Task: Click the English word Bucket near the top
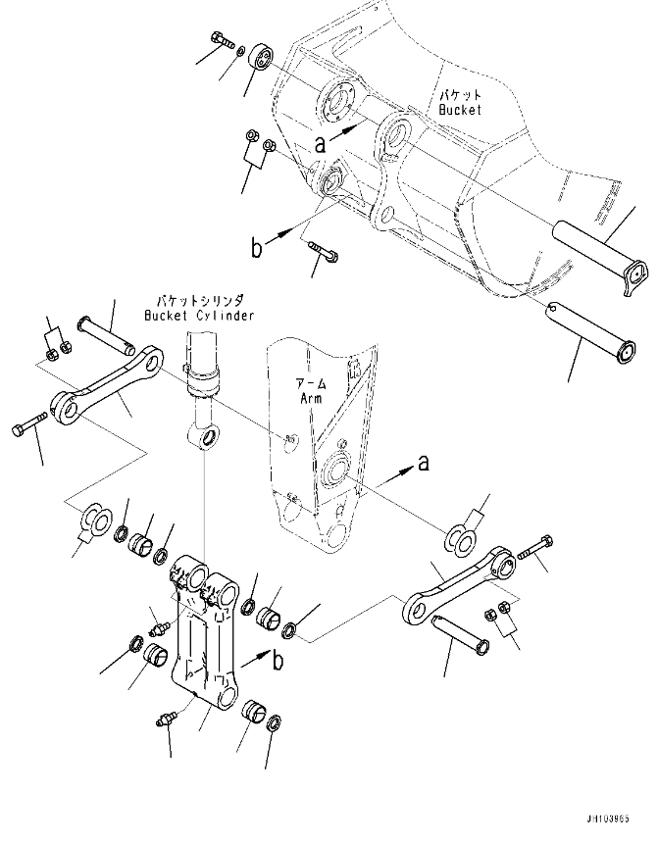point(459,109)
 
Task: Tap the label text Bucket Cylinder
point(199,316)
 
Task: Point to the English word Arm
point(311,398)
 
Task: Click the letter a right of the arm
point(424,462)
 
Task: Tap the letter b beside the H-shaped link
point(278,660)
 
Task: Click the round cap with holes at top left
point(261,56)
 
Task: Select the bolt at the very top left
point(221,40)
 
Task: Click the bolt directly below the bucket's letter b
point(323,251)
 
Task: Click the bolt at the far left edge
point(27,424)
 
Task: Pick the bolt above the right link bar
point(535,546)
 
